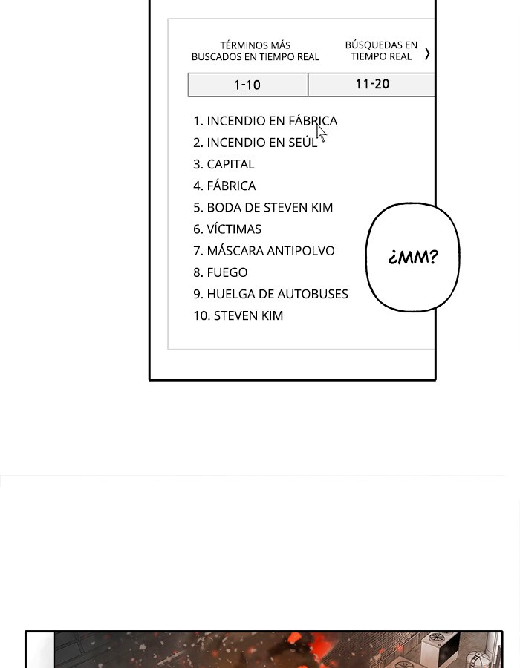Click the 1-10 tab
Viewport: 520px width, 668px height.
pyautogui.click(x=247, y=85)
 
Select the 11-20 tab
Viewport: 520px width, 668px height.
pyautogui.click(x=371, y=85)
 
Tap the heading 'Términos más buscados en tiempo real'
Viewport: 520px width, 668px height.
pyautogui.click(x=256, y=51)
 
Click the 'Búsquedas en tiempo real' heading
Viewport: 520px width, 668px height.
pyautogui.click(x=381, y=50)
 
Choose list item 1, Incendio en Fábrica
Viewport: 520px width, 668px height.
pyautogui.click(x=265, y=121)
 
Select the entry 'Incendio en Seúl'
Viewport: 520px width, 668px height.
pyautogui.click(x=256, y=143)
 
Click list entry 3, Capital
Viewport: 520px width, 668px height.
pyautogui.click(x=224, y=164)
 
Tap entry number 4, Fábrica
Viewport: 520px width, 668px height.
pyautogui.click(x=224, y=186)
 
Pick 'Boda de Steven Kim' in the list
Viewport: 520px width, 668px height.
pyautogui.click(x=263, y=208)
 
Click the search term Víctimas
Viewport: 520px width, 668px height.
pyautogui.click(x=227, y=229)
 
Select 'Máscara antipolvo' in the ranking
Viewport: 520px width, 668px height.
pyautogui.click(x=264, y=251)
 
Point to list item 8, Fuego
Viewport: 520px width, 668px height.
pyautogui.click(x=221, y=272)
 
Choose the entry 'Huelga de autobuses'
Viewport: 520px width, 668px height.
pyautogui.click(x=270, y=294)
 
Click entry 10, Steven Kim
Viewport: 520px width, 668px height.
pyautogui.click(x=238, y=315)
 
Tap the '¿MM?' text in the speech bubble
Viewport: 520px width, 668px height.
pyautogui.click(x=413, y=257)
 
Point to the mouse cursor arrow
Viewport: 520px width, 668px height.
pyautogui.click(x=322, y=132)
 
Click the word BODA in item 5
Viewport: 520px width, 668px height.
pyautogui.click(x=221, y=208)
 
